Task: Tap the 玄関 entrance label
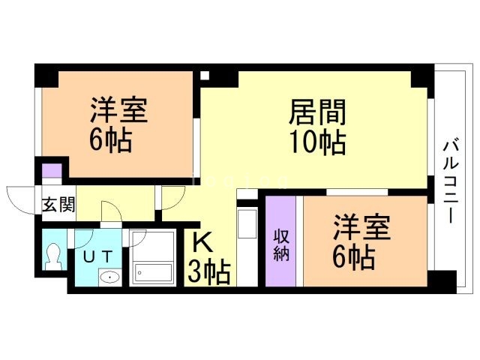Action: [x=58, y=204]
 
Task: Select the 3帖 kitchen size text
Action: [x=208, y=271]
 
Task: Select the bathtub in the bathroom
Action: [x=152, y=272]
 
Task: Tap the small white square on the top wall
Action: [x=205, y=75]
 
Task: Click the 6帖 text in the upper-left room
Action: [x=112, y=140]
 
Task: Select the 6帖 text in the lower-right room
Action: [x=355, y=257]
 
